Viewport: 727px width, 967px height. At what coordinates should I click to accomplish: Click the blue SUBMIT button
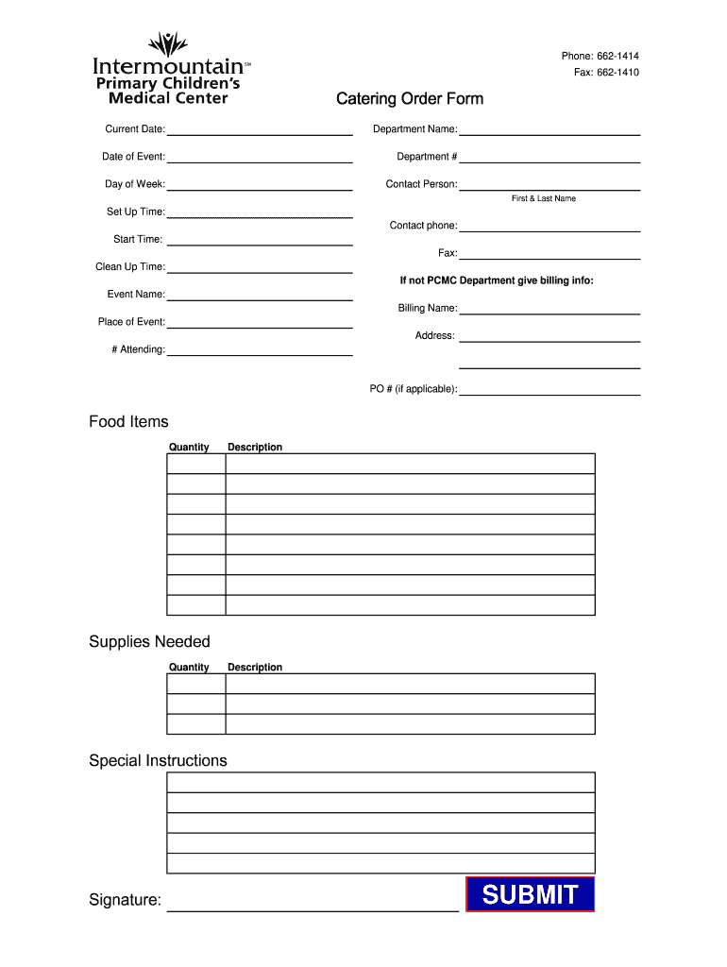(530, 894)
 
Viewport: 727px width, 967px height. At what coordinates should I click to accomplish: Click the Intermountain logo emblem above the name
(168, 43)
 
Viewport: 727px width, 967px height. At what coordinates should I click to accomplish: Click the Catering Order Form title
(410, 99)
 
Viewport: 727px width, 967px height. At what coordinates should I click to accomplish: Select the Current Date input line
(260, 131)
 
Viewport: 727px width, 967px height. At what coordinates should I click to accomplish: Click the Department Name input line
(549, 131)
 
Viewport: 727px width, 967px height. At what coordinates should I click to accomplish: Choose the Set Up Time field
(260, 214)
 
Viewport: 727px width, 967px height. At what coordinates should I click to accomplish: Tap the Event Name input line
(260, 297)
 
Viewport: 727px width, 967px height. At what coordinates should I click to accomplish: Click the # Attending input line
(260, 351)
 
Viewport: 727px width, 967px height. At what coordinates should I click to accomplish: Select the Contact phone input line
(549, 228)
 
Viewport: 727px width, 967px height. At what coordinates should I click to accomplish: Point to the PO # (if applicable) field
(549, 391)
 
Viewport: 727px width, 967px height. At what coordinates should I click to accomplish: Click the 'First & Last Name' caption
(544, 199)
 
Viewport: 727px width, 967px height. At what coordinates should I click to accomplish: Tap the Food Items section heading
(128, 422)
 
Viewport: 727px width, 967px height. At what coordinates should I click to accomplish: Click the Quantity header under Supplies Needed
(189, 668)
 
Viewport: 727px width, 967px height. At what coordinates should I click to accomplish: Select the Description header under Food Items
(255, 448)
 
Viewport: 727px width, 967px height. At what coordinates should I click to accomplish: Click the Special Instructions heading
(158, 761)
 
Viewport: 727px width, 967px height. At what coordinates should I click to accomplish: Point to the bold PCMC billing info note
(497, 280)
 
